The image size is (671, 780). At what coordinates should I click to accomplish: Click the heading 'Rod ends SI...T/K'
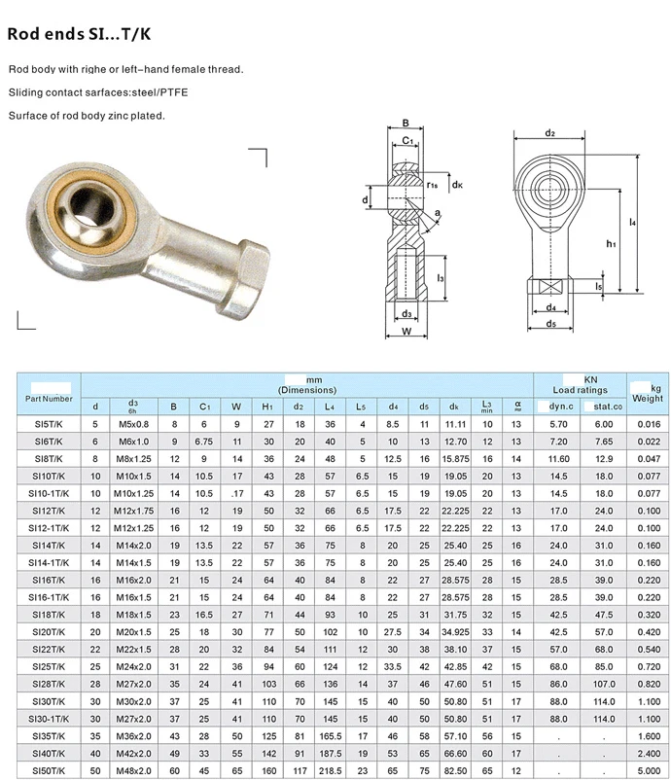(x=79, y=34)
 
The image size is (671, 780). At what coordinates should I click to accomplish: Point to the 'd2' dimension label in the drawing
(x=549, y=133)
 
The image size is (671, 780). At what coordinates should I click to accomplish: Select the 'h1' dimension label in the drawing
(x=611, y=243)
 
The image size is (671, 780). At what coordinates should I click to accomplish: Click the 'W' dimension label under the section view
(x=406, y=332)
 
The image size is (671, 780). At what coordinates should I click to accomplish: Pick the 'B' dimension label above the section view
(x=406, y=123)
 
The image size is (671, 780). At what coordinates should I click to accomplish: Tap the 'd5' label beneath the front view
(x=550, y=323)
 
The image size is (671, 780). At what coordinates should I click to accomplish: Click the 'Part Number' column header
(x=49, y=399)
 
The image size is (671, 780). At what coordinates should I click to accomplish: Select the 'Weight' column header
(x=647, y=398)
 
